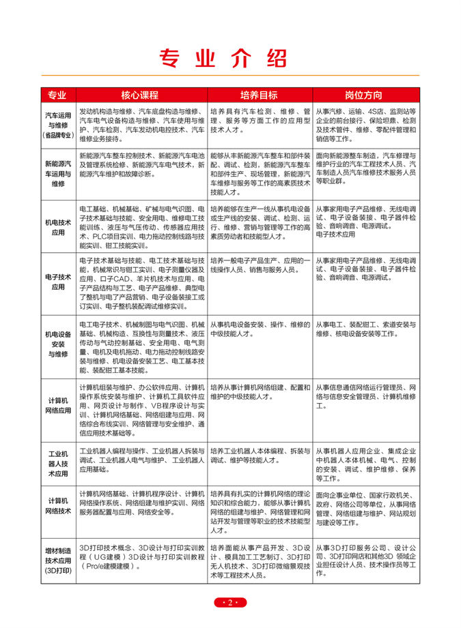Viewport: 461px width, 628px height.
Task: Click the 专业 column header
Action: pyautogui.click(x=58, y=95)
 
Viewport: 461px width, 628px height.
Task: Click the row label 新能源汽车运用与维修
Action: pyautogui.click(x=58, y=174)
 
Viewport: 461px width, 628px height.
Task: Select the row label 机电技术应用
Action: pyautogui.click(x=58, y=227)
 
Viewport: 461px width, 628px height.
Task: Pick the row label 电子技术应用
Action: pyautogui.click(x=58, y=282)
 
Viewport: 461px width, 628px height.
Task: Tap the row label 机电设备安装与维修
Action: pyautogui.click(x=58, y=344)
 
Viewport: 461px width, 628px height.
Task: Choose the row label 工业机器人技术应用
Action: pyautogui.click(x=58, y=463)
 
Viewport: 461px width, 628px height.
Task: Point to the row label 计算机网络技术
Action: pyautogui.click(x=58, y=505)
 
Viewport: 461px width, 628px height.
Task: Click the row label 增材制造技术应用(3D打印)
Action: pyautogui.click(x=58, y=559)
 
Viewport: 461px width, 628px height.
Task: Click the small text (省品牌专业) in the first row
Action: pyautogui.click(x=58, y=136)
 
